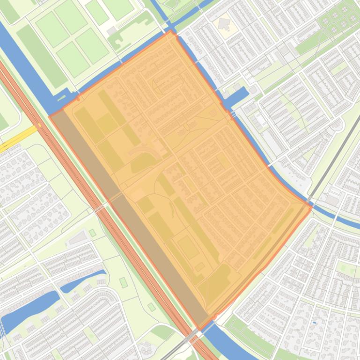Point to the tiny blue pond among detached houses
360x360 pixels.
(314, 323)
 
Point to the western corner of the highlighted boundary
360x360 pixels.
(50, 115)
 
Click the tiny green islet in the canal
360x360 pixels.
(61, 98)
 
